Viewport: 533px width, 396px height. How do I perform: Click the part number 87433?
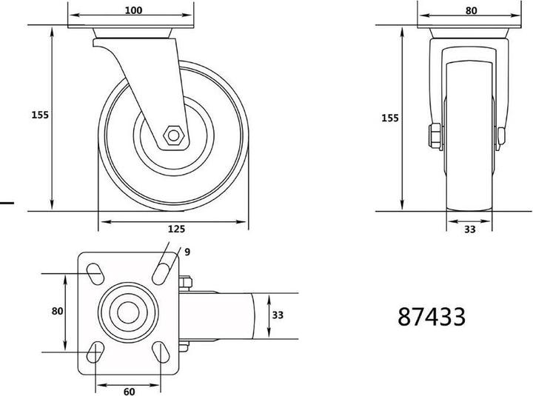pos(432,316)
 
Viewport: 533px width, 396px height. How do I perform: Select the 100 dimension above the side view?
pos(133,10)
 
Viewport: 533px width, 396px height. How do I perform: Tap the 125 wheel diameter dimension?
pos(175,229)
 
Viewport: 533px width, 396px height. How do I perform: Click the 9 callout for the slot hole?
pos(187,252)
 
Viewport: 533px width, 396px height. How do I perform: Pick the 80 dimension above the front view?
pos(471,10)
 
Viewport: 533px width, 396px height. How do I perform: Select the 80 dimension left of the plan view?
pos(57,312)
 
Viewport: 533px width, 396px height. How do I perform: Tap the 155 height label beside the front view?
pos(389,118)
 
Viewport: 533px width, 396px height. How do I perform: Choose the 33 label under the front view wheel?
pos(469,229)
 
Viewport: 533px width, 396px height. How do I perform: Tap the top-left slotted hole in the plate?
pos(96,272)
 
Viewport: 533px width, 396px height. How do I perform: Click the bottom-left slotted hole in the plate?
pos(96,352)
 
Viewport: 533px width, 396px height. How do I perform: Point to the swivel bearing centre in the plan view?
pos(128,312)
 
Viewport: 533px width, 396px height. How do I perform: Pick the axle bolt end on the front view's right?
pos(503,135)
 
